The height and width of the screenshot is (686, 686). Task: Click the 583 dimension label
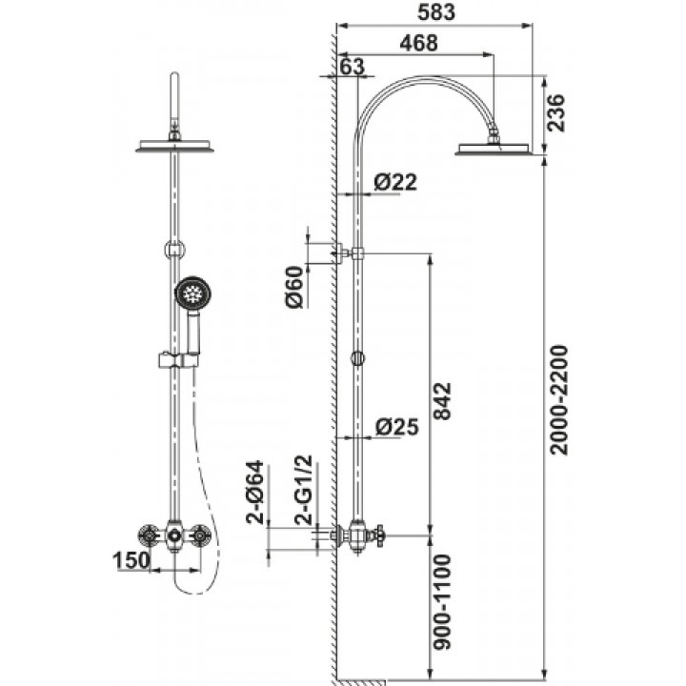click(435, 11)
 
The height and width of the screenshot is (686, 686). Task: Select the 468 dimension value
click(418, 43)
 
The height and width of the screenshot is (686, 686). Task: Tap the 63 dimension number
click(352, 67)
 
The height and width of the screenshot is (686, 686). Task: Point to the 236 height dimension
click(556, 112)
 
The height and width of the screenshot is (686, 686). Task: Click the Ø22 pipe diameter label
click(395, 182)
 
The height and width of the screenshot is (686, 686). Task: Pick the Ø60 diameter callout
click(294, 287)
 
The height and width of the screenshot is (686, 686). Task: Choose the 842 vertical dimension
click(442, 401)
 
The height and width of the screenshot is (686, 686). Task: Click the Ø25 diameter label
click(396, 427)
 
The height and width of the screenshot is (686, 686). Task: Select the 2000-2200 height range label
click(558, 401)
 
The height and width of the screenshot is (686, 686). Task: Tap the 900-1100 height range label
click(442, 601)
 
